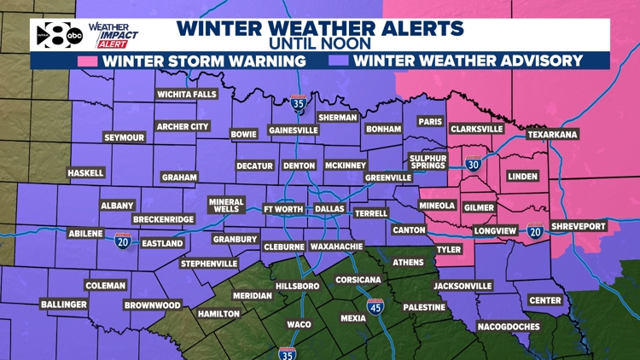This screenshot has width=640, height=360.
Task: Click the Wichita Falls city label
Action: (187, 94)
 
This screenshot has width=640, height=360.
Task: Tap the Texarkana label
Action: (552, 134)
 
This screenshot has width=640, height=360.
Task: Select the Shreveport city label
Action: (577, 226)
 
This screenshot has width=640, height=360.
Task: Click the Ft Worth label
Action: (282, 208)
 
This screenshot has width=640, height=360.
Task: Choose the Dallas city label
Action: (329, 208)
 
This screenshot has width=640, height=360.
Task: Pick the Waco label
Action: (299, 324)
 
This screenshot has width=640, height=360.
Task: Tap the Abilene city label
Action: (84, 233)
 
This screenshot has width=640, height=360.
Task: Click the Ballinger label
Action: (63, 305)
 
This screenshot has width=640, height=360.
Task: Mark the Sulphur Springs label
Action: (428, 162)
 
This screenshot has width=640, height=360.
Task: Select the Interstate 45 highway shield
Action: (375, 307)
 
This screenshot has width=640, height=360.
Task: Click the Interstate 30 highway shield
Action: (473, 165)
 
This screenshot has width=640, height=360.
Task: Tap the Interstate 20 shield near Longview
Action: (535, 231)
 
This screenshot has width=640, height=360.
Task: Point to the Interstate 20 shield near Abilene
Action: (123, 242)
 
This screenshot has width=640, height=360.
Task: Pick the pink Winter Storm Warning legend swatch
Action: (87, 61)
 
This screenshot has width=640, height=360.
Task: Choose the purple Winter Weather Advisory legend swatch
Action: (337, 61)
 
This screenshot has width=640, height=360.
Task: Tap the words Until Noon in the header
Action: (320, 43)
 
